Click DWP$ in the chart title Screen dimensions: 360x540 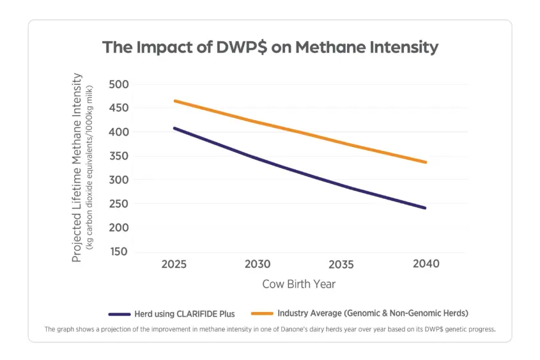230,47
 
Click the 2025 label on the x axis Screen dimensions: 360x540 174,263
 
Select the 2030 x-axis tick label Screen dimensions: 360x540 258,263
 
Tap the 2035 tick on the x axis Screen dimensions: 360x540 342,263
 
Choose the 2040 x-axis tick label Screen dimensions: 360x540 426,263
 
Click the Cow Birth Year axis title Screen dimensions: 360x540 300,283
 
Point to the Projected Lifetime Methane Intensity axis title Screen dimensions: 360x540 77,168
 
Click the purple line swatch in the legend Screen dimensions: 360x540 119,314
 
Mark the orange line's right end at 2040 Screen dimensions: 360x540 426,162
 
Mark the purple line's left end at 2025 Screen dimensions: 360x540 174,128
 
